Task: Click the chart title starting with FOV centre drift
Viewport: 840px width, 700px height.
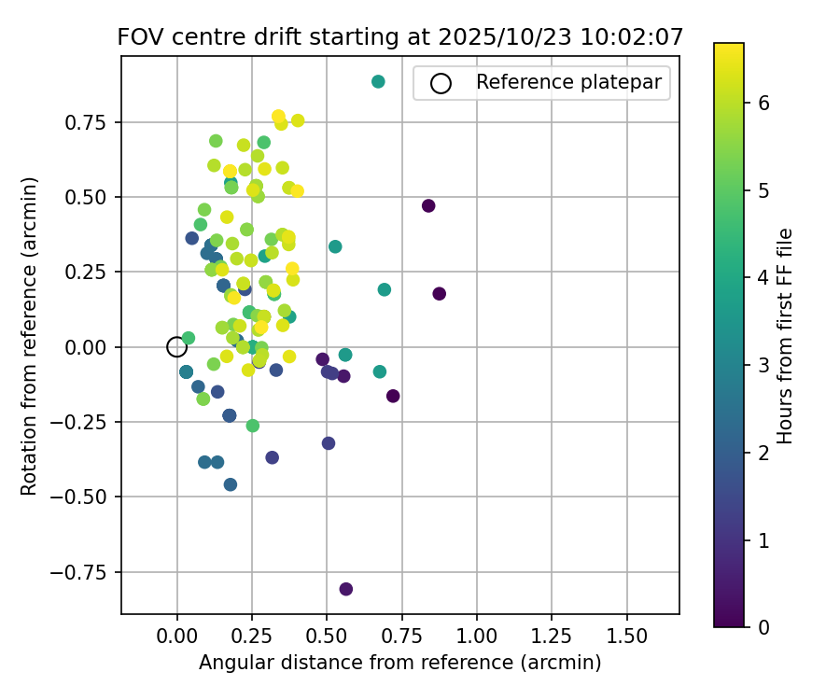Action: point(399,37)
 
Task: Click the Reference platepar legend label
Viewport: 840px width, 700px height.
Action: point(568,82)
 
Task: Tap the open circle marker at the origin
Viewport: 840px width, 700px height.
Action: point(177,347)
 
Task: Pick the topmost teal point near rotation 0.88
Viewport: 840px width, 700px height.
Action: point(378,82)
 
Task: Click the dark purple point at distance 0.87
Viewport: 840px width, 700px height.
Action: point(440,294)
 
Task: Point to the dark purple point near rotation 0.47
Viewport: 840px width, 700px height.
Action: point(428,206)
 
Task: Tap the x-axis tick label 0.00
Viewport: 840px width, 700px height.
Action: point(177,637)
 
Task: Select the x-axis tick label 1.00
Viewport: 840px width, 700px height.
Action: point(477,637)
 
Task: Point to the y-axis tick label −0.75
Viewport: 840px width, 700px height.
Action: point(89,572)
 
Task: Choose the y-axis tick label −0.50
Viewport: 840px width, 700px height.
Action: point(89,497)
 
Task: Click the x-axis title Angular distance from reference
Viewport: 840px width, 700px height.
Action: point(399,663)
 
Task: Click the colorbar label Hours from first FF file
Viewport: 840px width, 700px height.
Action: point(785,336)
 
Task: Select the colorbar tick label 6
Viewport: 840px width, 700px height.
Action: point(763,103)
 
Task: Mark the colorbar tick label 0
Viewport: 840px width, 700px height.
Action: point(763,626)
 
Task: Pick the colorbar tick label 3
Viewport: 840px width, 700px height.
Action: point(763,365)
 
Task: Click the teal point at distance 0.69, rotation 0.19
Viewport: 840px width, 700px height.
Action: point(385,289)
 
